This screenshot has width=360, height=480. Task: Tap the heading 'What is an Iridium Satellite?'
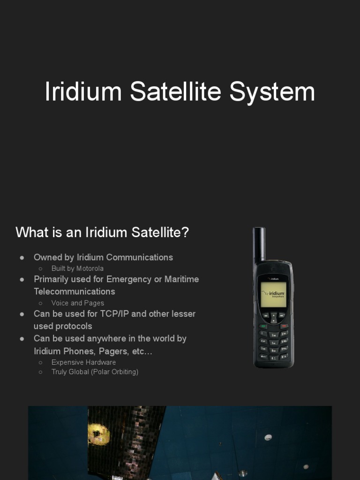click(x=102, y=232)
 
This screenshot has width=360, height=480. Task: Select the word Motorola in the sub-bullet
click(x=90, y=269)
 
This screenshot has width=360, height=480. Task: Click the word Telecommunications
click(x=75, y=292)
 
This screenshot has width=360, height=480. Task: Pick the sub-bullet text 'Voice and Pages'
click(x=78, y=303)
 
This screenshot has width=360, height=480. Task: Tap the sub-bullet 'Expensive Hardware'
click(x=83, y=362)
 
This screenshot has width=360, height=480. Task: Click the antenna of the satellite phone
click(x=259, y=244)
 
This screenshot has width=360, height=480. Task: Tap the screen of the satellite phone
click(x=273, y=294)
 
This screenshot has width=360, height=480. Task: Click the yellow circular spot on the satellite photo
click(x=98, y=434)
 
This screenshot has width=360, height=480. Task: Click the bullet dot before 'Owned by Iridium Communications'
click(x=22, y=258)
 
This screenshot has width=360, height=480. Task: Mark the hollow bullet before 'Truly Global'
click(x=41, y=372)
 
